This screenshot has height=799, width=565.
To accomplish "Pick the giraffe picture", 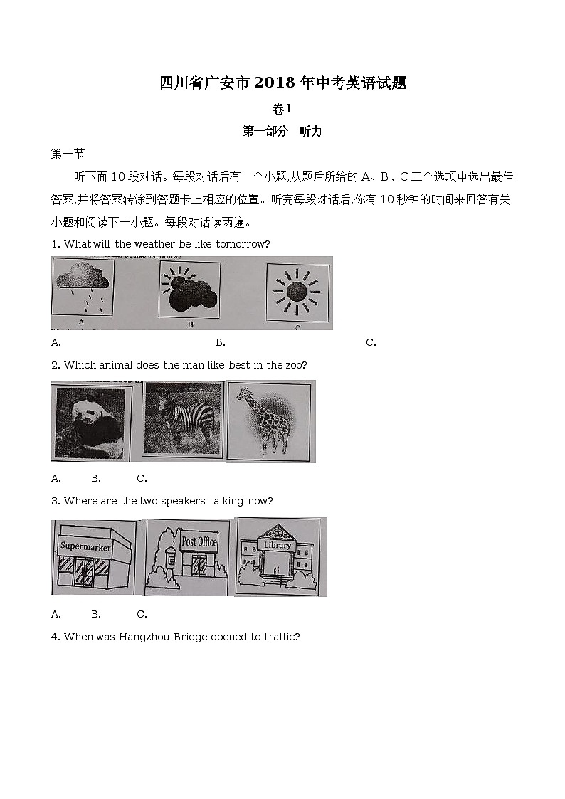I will [271, 420].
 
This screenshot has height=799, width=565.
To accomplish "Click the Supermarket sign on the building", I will [85, 546].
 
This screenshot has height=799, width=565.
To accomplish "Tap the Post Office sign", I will [199, 542].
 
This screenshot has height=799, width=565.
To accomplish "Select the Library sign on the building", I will [278, 545].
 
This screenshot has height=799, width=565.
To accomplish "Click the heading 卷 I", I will [282, 109].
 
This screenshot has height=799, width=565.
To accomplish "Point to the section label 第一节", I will [68, 153].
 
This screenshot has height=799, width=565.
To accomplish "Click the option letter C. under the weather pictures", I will [371, 342].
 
